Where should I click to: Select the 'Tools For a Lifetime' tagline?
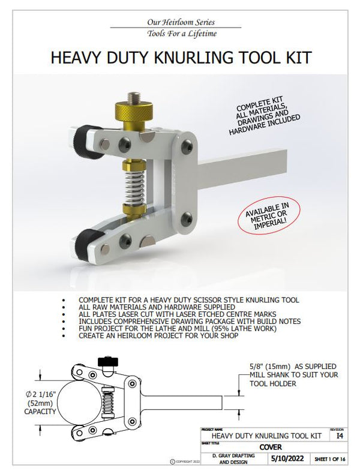(x=178, y=34)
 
